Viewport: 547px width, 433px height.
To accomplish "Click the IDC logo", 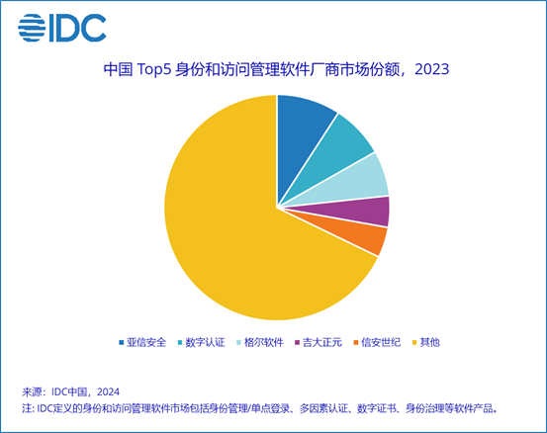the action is pyautogui.click(x=62, y=28).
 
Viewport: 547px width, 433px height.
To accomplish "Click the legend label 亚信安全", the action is pyautogui.click(x=146, y=342).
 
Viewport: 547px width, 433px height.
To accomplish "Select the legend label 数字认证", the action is pyautogui.click(x=205, y=342).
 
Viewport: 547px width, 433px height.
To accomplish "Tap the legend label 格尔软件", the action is pyautogui.click(x=264, y=342).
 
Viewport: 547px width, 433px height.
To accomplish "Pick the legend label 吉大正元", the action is pyautogui.click(x=322, y=342).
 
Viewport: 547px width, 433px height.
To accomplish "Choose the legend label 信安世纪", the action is pyautogui.click(x=381, y=342).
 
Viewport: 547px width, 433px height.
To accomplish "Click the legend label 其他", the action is pyautogui.click(x=429, y=342).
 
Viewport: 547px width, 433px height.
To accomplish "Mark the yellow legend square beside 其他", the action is pyautogui.click(x=414, y=342).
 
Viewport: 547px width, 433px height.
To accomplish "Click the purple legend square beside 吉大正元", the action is pyautogui.click(x=297, y=342).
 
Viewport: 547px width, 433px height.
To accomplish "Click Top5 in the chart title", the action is pyautogui.click(x=154, y=70).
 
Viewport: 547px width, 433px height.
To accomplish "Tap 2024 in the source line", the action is pyautogui.click(x=108, y=391).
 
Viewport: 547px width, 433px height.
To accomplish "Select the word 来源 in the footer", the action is pyautogui.click(x=32, y=391).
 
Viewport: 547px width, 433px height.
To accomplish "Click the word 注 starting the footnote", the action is pyautogui.click(x=27, y=408).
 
